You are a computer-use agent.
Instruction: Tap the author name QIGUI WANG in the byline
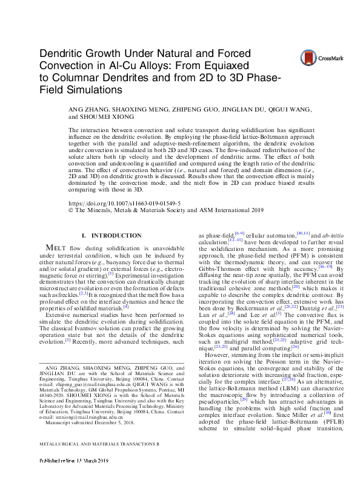(302, 110)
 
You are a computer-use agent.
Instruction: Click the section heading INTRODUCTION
(115, 235)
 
